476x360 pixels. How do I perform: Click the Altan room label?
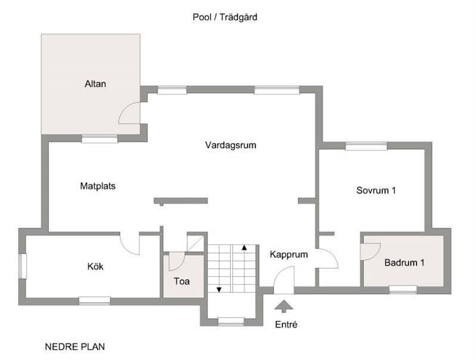[95, 84]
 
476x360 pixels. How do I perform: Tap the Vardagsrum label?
[231, 144]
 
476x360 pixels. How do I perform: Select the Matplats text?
[98, 186]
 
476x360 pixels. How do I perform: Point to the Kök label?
[95, 266]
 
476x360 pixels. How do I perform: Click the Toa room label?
[181, 281]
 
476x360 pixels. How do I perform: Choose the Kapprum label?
[289, 254]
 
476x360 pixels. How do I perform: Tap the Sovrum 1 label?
[376, 190]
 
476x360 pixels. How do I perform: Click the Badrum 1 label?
[405, 263]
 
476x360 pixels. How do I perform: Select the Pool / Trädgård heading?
[225, 17]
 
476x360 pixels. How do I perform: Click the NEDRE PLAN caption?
[75, 346]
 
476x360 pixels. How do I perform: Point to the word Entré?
[286, 325]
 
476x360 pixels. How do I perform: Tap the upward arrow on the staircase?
[244, 247]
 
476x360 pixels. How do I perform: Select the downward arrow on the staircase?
[219, 290]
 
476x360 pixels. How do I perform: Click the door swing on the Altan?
[130, 113]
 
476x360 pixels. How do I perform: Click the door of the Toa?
[177, 261]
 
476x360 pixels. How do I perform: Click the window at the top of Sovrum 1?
[366, 145]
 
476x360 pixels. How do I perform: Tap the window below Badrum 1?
[403, 290]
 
